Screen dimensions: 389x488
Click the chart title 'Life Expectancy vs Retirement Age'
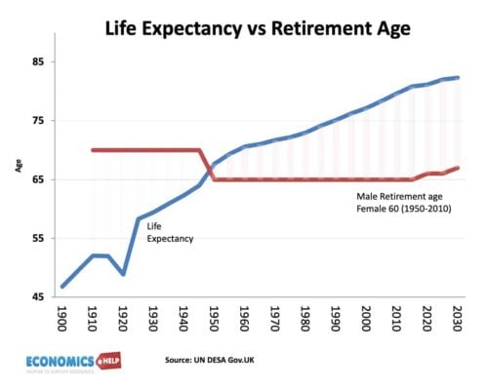coord(257,28)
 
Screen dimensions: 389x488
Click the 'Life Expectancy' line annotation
coord(170,231)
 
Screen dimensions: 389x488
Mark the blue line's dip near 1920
coord(123,274)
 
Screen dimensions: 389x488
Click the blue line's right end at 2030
coord(457,78)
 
